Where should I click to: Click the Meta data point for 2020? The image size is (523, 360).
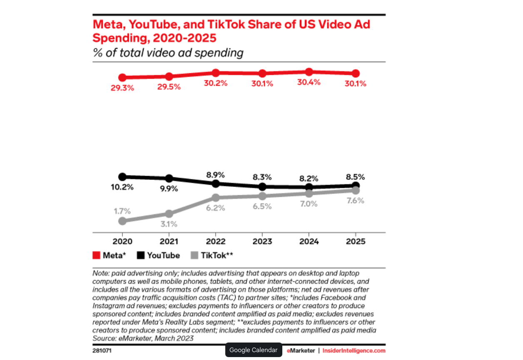tap(122, 77)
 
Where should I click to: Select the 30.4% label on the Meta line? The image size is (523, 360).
tap(309, 82)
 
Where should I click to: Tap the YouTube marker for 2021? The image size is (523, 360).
tap(169, 179)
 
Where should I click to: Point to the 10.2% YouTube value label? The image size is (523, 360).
tap(122, 187)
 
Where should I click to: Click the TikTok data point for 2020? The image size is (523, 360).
tap(122, 221)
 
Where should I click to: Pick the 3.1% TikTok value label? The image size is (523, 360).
tap(169, 224)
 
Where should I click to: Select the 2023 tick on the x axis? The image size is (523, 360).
tap(262, 242)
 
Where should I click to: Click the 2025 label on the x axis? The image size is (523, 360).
tap(355, 242)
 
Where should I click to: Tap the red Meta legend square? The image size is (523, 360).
tap(96, 256)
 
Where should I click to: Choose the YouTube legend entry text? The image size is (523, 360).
tap(163, 256)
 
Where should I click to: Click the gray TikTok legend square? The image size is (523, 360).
tap(194, 256)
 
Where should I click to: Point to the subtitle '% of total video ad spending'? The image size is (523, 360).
tap(168, 53)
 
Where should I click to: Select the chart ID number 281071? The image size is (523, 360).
tap(102, 351)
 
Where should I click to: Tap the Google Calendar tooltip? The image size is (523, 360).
tap(253, 350)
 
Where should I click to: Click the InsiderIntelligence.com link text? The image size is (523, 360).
tap(354, 351)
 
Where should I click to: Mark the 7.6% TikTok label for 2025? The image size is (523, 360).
tap(355, 201)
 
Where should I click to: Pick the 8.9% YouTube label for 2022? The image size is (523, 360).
tap(215, 175)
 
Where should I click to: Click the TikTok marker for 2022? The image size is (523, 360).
tap(215, 197)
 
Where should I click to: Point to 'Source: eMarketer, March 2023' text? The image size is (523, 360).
tap(143, 338)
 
